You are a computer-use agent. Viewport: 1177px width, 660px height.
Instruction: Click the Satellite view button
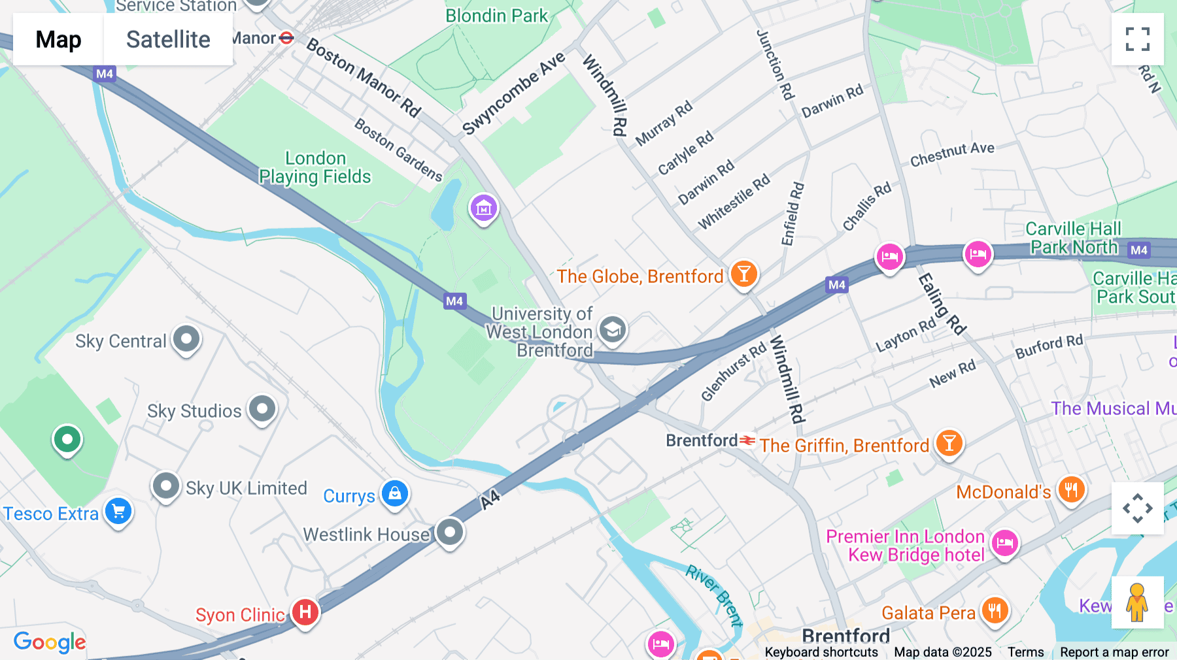pyautogui.click(x=168, y=39)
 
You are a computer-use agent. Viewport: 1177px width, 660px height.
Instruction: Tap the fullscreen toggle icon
pyautogui.click(x=1137, y=39)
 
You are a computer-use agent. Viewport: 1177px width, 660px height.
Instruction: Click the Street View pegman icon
pyautogui.click(x=1137, y=602)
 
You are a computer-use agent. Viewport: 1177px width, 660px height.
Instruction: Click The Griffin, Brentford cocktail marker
pyautogui.click(x=949, y=442)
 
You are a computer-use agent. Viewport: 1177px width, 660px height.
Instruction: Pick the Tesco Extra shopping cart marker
pyautogui.click(x=118, y=511)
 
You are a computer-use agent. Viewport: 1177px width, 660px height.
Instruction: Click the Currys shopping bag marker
pyautogui.click(x=395, y=493)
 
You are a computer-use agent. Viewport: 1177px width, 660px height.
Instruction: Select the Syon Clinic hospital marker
pyautogui.click(x=305, y=612)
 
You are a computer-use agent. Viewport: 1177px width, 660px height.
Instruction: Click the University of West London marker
pyautogui.click(x=612, y=329)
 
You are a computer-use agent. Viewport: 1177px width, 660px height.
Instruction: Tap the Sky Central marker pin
pyautogui.click(x=186, y=338)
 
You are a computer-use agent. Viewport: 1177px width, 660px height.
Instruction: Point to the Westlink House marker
pyautogui.click(x=450, y=532)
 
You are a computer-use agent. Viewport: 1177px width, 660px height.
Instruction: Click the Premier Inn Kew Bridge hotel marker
pyautogui.click(x=1004, y=543)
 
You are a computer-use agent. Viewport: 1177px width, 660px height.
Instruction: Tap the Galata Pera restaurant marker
pyautogui.click(x=994, y=610)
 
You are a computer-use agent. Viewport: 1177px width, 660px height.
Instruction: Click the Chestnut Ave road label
pyautogui.click(x=952, y=154)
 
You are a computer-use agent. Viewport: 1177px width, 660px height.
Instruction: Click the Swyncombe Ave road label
pyautogui.click(x=513, y=94)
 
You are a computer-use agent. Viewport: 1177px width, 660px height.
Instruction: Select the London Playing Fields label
pyautogui.click(x=315, y=167)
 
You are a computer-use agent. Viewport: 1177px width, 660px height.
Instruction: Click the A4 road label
pyautogui.click(x=490, y=499)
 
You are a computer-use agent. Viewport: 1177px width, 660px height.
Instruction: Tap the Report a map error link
pyautogui.click(x=1114, y=652)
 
